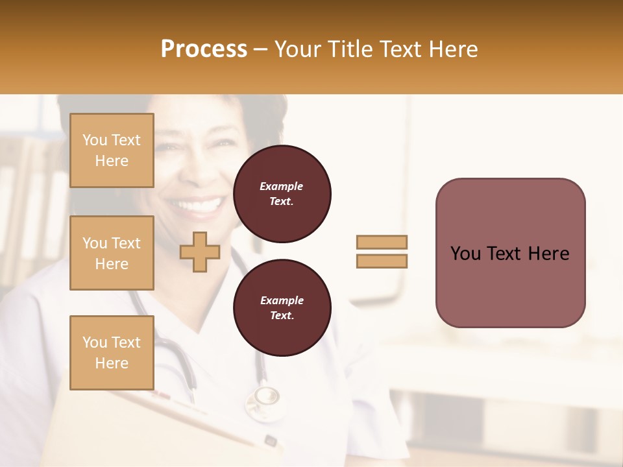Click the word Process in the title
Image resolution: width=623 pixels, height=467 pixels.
point(204,49)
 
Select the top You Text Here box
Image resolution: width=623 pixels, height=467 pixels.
point(112,150)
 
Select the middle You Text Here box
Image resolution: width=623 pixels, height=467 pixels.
point(112,253)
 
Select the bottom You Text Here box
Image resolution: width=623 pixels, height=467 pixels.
point(112,353)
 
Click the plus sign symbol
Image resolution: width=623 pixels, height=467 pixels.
point(200,252)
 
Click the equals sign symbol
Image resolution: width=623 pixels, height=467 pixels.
point(382,252)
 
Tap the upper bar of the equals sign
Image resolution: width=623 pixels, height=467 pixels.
point(382,242)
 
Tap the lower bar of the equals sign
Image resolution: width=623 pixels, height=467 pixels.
point(382,261)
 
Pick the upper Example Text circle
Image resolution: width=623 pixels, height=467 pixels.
point(282,194)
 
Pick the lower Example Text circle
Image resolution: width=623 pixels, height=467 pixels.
point(282,308)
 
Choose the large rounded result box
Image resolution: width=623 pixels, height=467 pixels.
point(510,253)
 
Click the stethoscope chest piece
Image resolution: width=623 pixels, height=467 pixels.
point(266,396)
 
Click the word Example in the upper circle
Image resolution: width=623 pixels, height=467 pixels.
point(282,187)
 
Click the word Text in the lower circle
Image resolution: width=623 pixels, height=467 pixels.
point(282,316)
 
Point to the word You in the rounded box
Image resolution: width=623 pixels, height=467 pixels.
point(465,254)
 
